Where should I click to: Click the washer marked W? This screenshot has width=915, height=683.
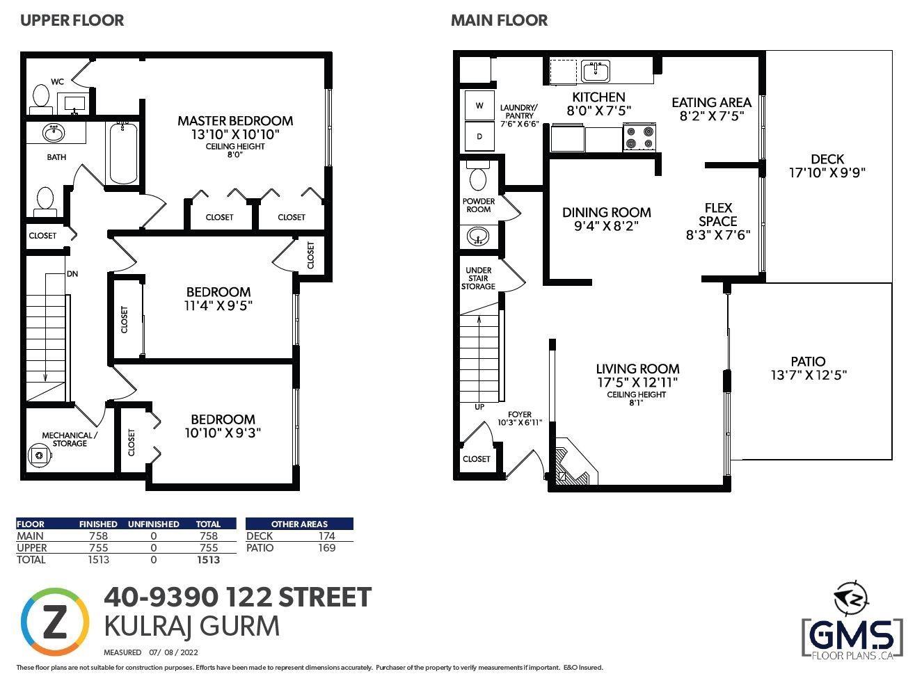point(479,106)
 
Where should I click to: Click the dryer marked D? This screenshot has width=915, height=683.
point(479,136)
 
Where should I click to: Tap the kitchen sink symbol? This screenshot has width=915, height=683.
point(596,71)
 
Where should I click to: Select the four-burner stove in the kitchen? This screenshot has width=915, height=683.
point(639,137)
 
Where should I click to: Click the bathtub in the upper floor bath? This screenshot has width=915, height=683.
point(123,153)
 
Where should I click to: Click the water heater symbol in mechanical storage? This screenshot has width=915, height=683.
point(40,455)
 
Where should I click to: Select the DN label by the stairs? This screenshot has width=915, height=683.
point(72,274)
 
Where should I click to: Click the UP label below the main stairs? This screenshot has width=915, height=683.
point(479,407)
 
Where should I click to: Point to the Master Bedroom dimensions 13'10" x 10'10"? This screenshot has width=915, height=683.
point(235,135)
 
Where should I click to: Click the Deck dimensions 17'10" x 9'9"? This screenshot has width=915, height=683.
point(827,172)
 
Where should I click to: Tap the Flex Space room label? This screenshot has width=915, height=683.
point(718,214)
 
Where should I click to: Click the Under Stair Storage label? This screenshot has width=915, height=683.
point(478,278)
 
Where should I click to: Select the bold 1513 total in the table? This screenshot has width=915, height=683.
point(208,560)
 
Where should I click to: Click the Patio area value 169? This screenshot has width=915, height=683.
point(327,547)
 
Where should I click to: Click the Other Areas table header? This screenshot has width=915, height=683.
point(299,524)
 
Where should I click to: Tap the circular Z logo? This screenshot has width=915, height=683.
point(54,621)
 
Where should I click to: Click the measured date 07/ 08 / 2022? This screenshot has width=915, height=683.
point(173,652)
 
